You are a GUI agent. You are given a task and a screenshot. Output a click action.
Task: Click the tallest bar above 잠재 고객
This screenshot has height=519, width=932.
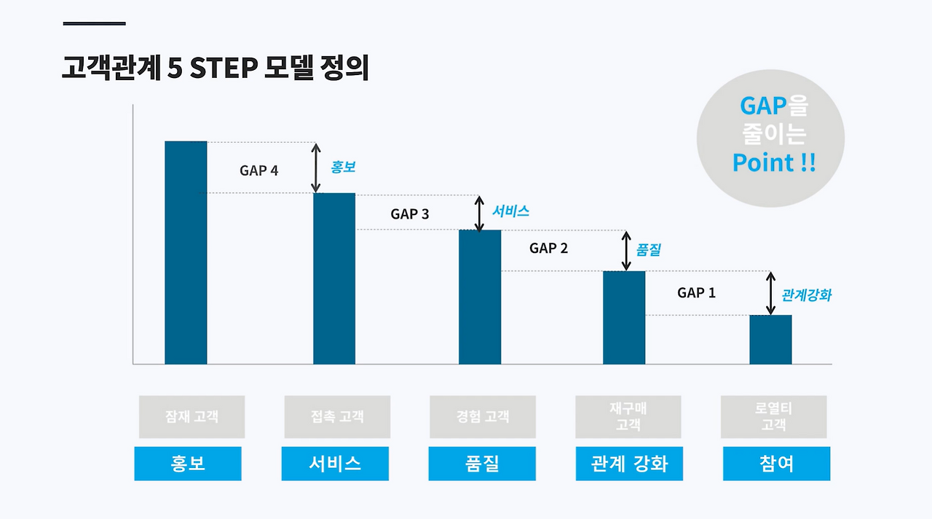[x=186, y=252]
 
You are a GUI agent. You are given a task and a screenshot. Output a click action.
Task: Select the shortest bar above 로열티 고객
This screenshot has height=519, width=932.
[x=770, y=339]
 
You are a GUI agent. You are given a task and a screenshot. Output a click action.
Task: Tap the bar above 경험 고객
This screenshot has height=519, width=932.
[x=479, y=297]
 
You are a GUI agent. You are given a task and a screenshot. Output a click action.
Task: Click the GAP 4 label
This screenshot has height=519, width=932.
[x=258, y=171]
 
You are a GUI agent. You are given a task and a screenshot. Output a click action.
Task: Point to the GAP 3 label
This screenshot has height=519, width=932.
[x=409, y=214]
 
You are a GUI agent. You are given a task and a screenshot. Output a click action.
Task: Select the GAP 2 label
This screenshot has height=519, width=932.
[x=548, y=248]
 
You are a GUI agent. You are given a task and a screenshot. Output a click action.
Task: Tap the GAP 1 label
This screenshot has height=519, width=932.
[x=696, y=292]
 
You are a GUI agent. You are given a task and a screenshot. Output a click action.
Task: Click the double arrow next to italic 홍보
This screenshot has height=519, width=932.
[x=316, y=168]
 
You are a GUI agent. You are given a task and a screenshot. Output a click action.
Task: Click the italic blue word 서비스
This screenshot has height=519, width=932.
[x=510, y=211]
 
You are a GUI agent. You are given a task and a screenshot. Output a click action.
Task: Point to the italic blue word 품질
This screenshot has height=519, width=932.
[x=649, y=250]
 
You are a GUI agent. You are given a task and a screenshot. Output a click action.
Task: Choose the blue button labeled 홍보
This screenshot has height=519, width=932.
[x=187, y=464]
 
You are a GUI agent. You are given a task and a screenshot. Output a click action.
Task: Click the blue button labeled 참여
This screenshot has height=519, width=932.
[x=776, y=464]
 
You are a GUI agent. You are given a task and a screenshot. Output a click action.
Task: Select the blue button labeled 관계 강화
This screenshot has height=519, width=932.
[x=629, y=464]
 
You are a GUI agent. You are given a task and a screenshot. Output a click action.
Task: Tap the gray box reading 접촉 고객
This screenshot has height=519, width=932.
[x=336, y=417]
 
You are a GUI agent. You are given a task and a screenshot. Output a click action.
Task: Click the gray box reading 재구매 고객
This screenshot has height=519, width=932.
[x=628, y=417]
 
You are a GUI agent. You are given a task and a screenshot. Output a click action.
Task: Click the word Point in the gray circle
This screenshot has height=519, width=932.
[x=763, y=162]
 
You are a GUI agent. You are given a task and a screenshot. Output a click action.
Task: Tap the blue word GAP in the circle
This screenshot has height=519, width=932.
[x=764, y=106]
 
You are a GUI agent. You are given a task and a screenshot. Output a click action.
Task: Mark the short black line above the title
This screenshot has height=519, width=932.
[x=94, y=24]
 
